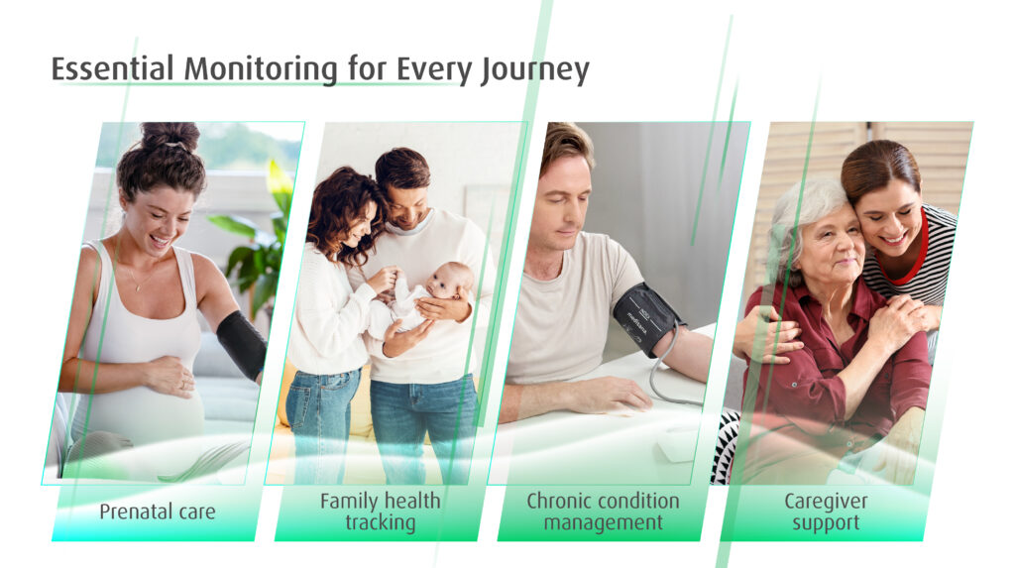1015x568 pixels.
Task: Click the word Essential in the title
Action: tap(113, 68)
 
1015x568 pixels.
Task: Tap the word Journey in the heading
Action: tap(534, 70)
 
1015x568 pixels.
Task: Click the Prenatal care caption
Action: tap(158, 511)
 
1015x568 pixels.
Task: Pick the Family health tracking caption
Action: tap(380, 511)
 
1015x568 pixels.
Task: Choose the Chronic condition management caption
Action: tap(603, 511)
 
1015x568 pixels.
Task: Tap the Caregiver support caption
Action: tap(826, 511)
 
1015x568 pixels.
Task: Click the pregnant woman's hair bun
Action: tap(170, 135)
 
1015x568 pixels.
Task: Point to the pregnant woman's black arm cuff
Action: tap(242, 345)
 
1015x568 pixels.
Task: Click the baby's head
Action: tap(450, 280)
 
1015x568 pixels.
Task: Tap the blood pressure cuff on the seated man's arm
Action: tap(646, 318)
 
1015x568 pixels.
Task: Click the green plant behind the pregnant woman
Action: tap(257, 243)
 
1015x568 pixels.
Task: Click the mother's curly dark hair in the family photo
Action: tap(341, 214)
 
